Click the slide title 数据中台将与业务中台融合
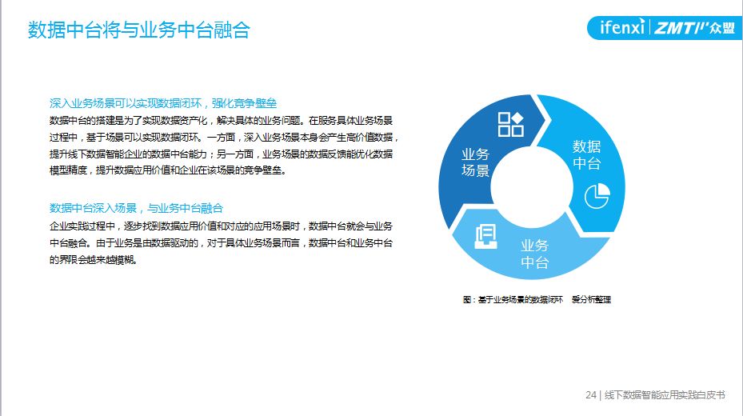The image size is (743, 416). (x=139, y=30)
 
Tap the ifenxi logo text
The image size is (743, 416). (x=622, y=27)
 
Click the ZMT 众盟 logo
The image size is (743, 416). (x=695, y=27)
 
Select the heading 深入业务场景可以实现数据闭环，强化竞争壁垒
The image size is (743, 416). (x=163, y=103)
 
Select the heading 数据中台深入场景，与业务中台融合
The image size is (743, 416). (x=137, y=208)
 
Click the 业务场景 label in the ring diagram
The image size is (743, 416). (x=475, y=162)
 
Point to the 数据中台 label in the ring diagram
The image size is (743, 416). (x=586, y=154)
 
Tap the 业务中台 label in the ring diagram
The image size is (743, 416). (x=534, y=254)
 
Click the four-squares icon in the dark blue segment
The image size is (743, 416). (x=511, y=124)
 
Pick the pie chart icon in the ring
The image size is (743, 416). (x=597, y=196)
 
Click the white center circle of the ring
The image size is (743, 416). (x=532, y=187)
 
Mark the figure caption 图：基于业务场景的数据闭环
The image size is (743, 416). (x=513, y=299)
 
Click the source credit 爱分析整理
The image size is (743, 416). (x=591, y=299)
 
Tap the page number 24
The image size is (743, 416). (x=591, y=394)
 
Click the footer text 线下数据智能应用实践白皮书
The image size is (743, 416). (x=665, y=394)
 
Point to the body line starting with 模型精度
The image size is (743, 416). (x=168, y=170)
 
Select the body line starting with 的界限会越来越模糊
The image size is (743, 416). (x=94, y=260)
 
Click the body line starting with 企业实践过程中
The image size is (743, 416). (x=221, y=226)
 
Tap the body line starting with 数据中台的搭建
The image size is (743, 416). (x=221, y=121)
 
